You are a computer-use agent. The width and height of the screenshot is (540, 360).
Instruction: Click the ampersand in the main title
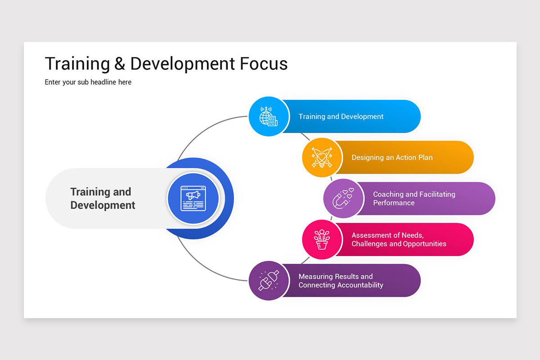pos(120,64)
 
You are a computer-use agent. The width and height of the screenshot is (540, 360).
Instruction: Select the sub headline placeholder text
pos(88,82)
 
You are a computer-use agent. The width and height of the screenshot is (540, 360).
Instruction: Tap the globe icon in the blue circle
pos(268,117)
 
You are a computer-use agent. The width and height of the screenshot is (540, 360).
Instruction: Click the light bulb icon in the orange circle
pos(322,157)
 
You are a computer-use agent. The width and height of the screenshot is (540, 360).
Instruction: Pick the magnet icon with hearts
pos(343,198)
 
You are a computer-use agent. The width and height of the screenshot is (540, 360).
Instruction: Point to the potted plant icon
pos(322,240)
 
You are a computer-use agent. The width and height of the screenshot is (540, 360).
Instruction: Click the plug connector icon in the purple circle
pos(269,281)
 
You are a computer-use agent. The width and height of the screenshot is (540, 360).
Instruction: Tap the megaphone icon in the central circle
pos(193,198)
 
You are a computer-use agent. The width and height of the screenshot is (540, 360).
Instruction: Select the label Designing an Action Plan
pos(392,157)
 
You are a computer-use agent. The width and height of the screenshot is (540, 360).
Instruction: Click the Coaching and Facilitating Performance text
pos(414,198)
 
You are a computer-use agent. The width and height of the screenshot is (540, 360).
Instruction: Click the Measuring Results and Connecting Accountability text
pos(341,281)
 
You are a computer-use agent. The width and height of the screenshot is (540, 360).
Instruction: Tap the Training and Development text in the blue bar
pos(341,117)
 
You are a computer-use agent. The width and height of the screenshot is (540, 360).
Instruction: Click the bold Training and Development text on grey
pos(103,198)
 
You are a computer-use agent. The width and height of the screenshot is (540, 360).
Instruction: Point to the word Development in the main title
pos(182,64)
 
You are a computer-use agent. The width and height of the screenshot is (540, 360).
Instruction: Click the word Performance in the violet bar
pos(394,203)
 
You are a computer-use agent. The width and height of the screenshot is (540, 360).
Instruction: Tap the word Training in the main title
pos(77,64)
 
